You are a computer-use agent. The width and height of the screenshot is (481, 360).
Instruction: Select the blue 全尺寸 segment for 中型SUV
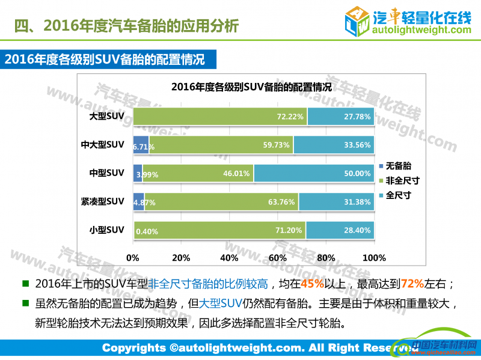[x=314, y=173]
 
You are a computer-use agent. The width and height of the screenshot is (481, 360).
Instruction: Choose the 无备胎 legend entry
[x=399, y=165]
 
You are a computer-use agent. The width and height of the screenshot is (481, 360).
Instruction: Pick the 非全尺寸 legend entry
[x=401, y=180]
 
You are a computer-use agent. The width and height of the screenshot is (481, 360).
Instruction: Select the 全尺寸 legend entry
[x=399, y=195]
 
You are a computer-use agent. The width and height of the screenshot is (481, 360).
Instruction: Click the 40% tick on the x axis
[x=230, y=258]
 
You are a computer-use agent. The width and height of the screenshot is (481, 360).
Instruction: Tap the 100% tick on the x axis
[x=375, y=258]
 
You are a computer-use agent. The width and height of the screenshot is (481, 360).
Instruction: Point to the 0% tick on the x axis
[x=133, y=258]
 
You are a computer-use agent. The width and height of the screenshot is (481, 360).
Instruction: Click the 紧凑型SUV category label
[x=103, y=201]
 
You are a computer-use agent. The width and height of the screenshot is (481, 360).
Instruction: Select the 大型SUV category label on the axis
[x=106, y=116]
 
